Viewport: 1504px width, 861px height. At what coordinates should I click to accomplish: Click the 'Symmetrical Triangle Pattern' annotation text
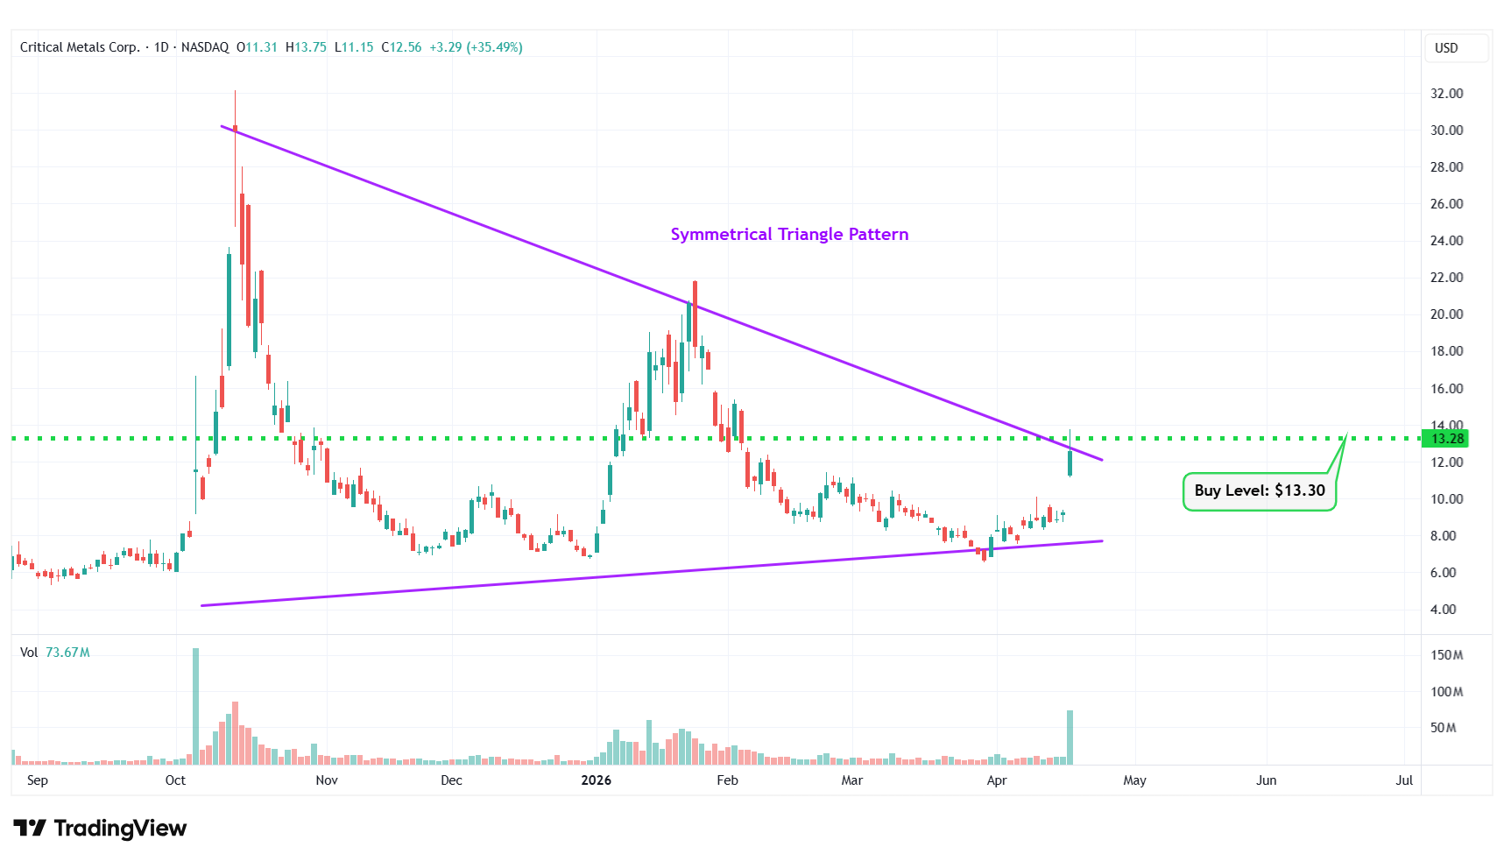(x=789, y=234)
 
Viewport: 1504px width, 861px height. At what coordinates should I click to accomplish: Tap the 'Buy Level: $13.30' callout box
(x=1259, y=490)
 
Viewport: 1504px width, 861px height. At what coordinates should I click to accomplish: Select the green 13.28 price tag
(x=1446, y=439)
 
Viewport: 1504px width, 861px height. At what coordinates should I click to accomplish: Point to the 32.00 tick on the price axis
(x=1446, y=94)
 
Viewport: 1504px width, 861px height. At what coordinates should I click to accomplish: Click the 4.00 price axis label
(x=1443, y=610)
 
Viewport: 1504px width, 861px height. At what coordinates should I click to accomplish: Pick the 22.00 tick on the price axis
(x=1446, y=278)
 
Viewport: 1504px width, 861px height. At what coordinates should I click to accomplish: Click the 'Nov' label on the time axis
(x=327, y=780)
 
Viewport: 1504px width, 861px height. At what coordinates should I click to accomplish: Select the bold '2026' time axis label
(x=597, y=780)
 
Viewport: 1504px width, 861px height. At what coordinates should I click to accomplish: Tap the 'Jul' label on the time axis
(x=1404, y=780)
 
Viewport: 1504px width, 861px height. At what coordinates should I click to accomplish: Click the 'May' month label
(x=1134, y=780)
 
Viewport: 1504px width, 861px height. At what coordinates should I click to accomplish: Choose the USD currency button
(x=1446, y=48)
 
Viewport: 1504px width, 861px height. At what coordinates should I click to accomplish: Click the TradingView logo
(x=100, y=828)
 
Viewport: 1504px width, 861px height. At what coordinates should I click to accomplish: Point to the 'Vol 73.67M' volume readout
(x=55, y=653)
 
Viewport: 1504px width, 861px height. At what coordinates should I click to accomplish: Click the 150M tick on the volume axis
(x=1446, y=655)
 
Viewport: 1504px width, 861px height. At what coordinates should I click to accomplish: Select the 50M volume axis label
(x=1443, y=728)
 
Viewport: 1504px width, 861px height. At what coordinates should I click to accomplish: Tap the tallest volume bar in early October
(x=195, y=706)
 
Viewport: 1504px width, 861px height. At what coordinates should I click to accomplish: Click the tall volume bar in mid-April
(x=1070, y=737)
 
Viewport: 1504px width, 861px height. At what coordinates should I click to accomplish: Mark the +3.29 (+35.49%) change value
(x=476, y=47)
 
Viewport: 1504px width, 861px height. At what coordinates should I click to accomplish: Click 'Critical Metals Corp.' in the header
(x=80, y=47)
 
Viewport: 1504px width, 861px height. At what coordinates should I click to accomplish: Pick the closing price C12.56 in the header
(x=401, y=47)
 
